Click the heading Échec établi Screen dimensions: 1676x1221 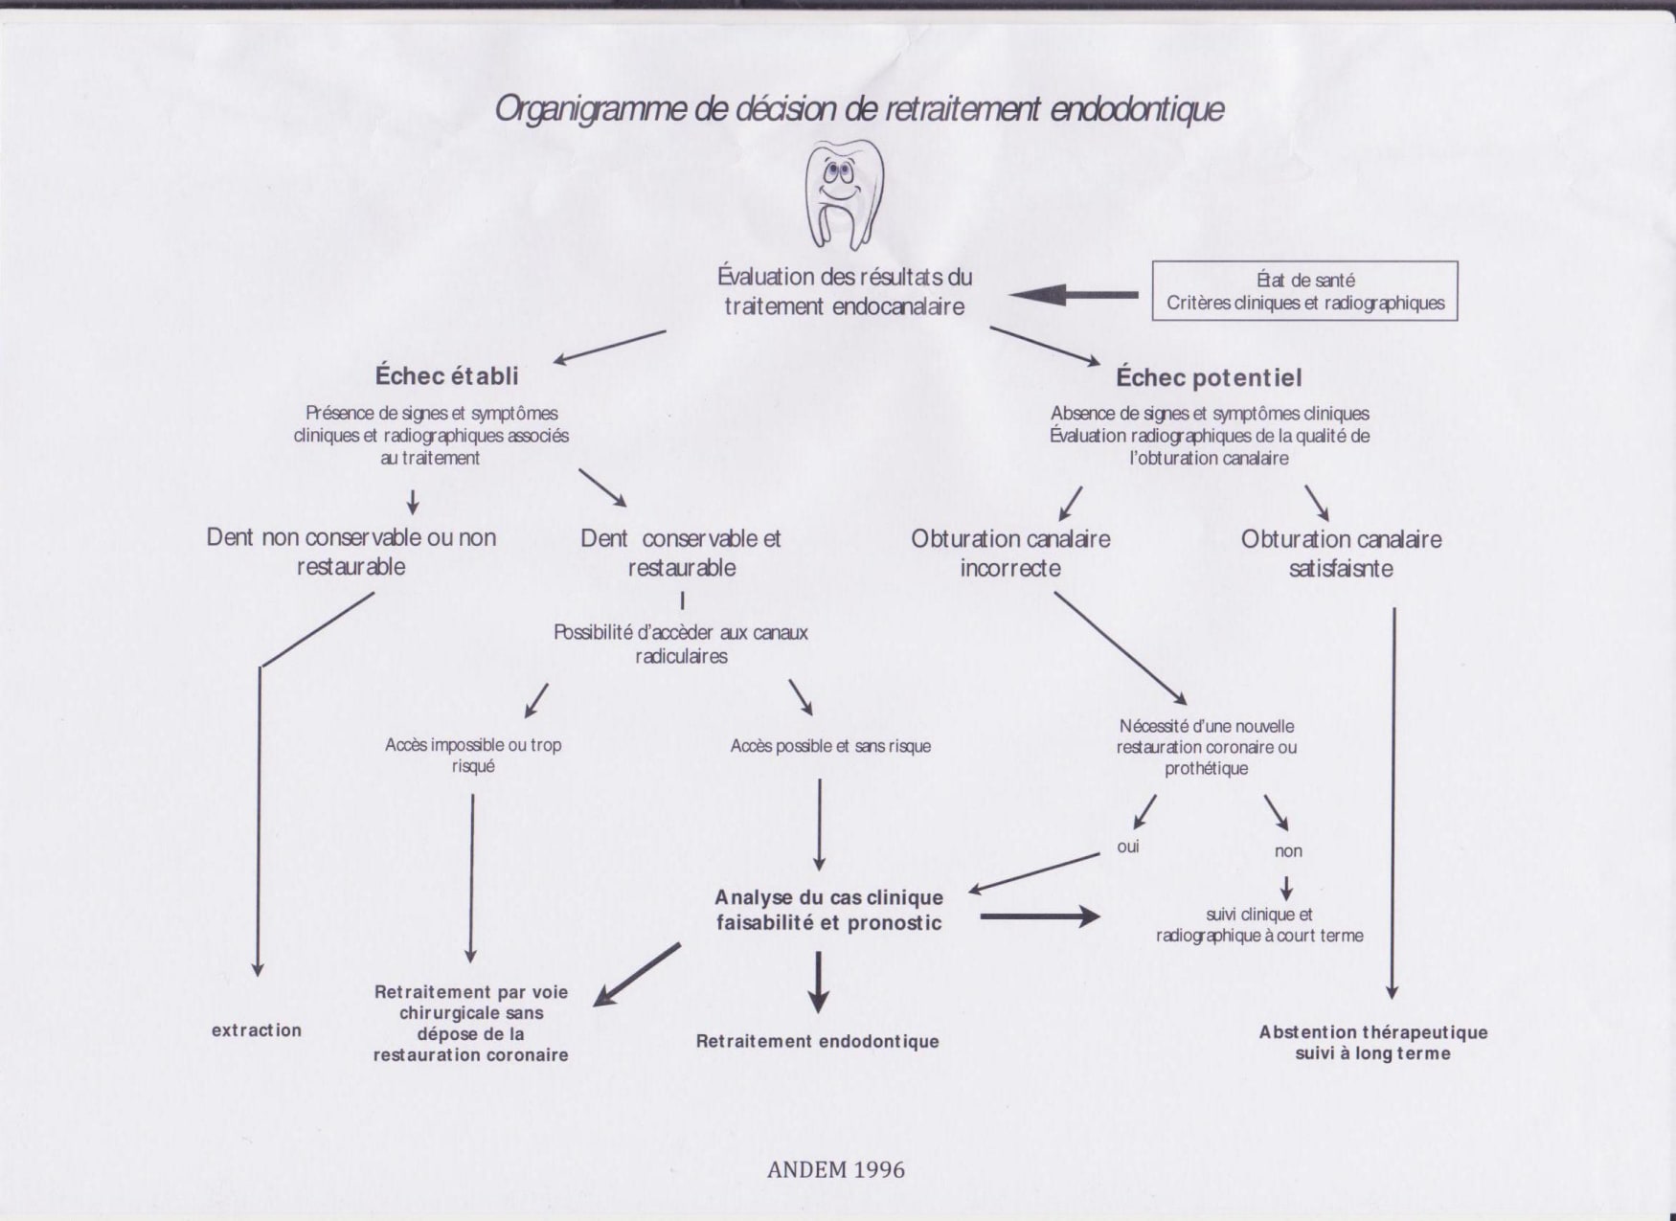447,375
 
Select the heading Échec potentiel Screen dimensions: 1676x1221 1209,377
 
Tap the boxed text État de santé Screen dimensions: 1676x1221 1305,280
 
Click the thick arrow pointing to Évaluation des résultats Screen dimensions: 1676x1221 1074,294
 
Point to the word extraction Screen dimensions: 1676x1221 257,1030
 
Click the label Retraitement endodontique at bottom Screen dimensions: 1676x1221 817,1041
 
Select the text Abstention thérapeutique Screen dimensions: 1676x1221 1373,1032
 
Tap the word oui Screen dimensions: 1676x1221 1127,847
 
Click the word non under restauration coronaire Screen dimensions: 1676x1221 1288,850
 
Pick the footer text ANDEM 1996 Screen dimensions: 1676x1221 836,1169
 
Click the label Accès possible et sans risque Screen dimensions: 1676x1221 830,746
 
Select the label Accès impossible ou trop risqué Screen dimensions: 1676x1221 473,756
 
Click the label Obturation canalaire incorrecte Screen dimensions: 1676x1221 1010,554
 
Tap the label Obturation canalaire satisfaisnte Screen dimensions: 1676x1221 1341,554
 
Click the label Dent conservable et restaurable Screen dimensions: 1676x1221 681,553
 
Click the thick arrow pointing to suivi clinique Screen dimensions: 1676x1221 1040,916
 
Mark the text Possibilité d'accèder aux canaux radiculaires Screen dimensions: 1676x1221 681,644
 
